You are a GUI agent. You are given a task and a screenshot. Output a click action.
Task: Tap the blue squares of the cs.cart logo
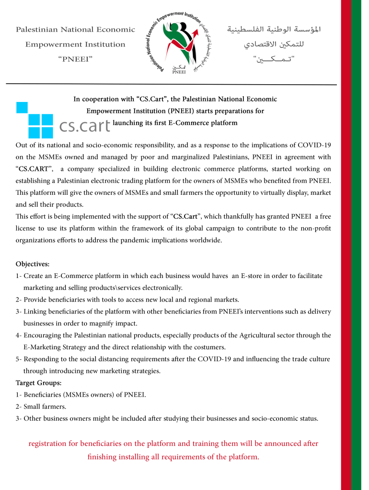coord(35,120)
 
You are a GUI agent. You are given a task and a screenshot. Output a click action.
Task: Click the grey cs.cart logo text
coord(85,126)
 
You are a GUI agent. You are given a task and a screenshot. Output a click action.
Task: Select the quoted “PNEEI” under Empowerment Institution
coord(75,59)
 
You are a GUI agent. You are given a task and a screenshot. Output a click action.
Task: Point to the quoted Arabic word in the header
coord(274,59)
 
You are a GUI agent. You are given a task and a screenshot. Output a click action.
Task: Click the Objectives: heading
coord(33,264)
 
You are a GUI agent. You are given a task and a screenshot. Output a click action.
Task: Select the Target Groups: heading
coord(38,383)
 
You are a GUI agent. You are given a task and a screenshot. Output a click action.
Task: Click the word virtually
coord(244,193)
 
